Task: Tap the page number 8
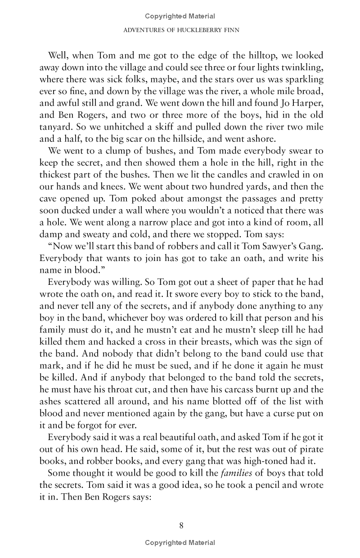point(180,526)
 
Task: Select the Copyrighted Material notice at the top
point(180,16)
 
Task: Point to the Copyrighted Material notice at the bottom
point(180,543)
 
